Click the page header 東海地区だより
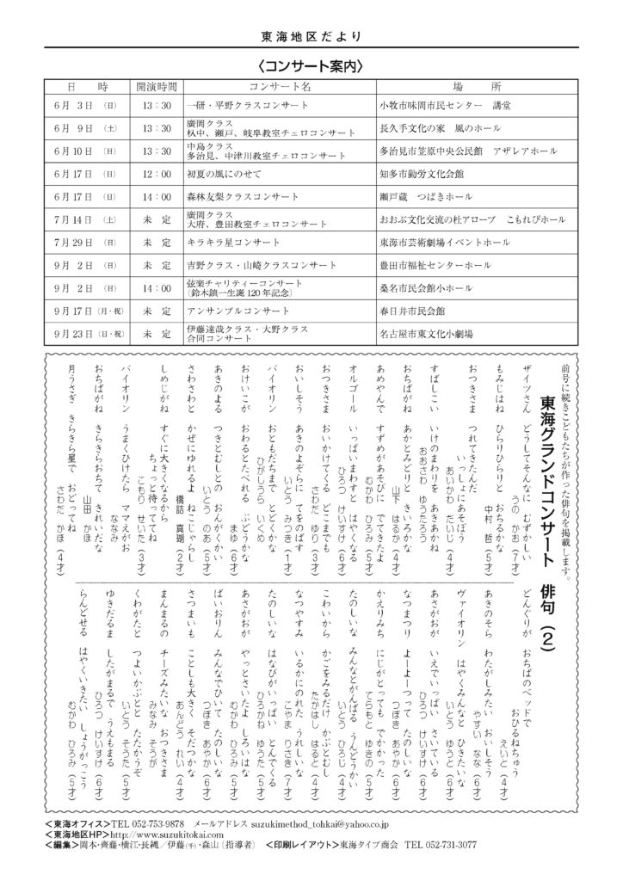[x=311, y=37]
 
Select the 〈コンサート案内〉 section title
[x=311, y=66]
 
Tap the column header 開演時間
[x=156, y=87]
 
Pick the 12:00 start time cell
[x=157, y=173]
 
